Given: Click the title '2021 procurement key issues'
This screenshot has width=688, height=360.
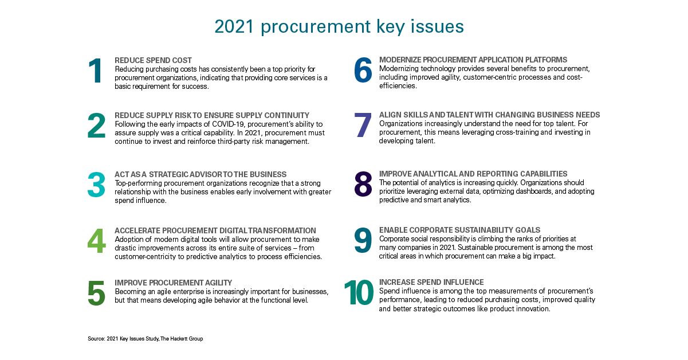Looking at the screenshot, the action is [339, 26].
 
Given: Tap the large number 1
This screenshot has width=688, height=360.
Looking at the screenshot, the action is [96, 71].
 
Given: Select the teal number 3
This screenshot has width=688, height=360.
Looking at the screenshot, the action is [96, 185].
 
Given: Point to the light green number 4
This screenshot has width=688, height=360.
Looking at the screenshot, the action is [96, 241].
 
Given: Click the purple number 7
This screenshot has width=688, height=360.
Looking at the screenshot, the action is [363, 124].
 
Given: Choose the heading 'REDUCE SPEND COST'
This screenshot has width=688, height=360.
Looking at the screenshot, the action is [153, 60].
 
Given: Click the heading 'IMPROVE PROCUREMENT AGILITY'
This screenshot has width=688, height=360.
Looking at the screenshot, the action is [173, 283].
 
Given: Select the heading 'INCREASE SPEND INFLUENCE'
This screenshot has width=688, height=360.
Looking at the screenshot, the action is [431, 282].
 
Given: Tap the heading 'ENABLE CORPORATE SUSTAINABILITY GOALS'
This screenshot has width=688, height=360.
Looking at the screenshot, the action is [459, 230].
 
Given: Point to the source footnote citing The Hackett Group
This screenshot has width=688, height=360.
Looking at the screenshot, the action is [146, 338].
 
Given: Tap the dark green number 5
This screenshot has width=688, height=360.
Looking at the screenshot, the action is [96, 293].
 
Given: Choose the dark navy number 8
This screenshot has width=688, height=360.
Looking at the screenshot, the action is [363, 184].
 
